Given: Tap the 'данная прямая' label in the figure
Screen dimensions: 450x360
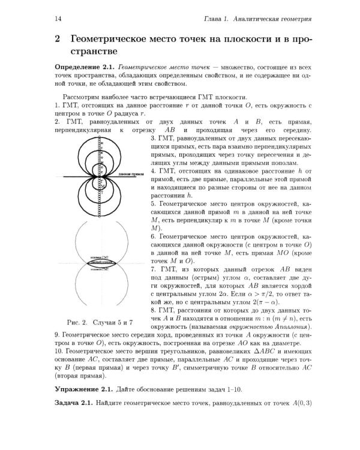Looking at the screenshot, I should [130, 175].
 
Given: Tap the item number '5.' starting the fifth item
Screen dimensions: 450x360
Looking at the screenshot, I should [154, 205].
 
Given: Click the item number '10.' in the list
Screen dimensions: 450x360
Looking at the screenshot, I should [59, 350].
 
